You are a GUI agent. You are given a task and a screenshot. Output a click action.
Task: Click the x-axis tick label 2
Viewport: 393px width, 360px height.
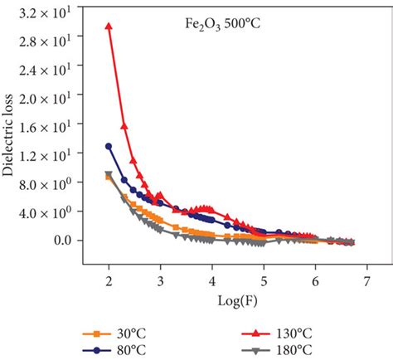(109, 281)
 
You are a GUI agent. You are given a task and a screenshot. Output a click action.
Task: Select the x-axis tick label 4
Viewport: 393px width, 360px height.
(212, 281)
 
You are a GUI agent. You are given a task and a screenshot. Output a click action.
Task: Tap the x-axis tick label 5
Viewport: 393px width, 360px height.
(264, 281)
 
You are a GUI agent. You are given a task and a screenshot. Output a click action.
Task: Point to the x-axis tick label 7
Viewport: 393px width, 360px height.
(367, 281)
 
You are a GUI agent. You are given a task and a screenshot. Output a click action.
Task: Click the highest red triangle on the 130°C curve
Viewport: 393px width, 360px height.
(109, 26)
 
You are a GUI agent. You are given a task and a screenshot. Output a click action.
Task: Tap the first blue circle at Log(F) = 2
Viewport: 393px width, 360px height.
(109, 146)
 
